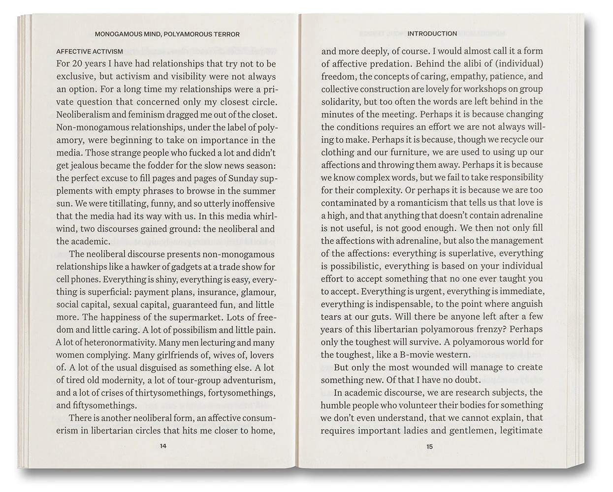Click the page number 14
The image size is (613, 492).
click(163, 446)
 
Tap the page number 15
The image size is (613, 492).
click(429, 447)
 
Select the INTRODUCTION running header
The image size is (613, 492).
click(432, 33)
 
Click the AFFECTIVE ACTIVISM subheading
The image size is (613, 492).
click(90, 51)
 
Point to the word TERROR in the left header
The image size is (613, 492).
click(226, 34)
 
